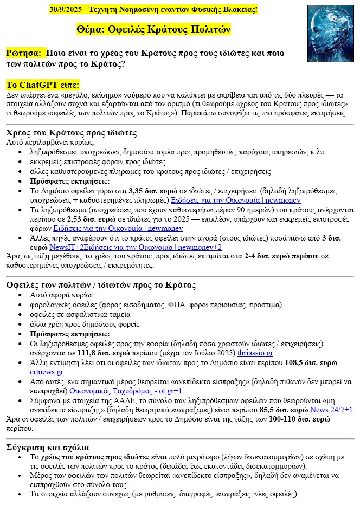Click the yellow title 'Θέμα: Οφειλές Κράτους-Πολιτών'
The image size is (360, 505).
(x=154, y=29)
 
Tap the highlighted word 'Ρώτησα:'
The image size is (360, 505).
(x=23, y=53)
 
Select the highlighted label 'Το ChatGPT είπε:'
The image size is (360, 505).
(x=43, y=85)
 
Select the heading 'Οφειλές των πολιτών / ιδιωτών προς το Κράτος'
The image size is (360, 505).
(x=101, y=285)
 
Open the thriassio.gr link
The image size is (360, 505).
(x=256, y=353)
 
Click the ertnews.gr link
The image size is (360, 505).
(x=47, y=372)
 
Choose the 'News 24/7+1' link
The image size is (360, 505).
(x=332, y=410)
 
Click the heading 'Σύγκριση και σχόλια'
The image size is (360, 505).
(x=47, y=448)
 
